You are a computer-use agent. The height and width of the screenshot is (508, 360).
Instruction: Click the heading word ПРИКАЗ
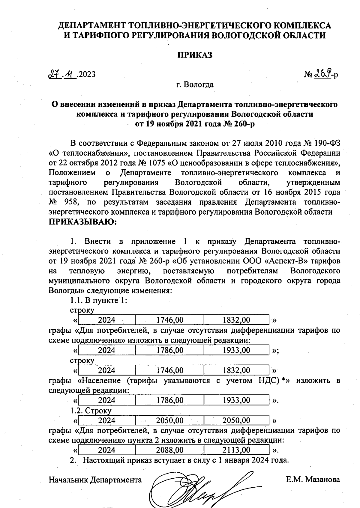point(195,55)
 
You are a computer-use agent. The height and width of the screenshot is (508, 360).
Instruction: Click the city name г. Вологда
point(195,85)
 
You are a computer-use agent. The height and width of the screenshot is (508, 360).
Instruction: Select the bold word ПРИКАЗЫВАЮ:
point(82,222)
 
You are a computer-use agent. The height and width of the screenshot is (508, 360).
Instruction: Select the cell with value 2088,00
point(169,450)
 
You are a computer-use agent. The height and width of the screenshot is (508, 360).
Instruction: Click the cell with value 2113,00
point(236,450)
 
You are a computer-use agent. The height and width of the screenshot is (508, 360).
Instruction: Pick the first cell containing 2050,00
point(169,420)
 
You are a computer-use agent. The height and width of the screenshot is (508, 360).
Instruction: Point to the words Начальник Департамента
point(95,480)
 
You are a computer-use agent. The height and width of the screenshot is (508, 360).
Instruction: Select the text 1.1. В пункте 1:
point(99,301)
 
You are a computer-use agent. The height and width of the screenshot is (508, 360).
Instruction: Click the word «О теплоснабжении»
point(89,153)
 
